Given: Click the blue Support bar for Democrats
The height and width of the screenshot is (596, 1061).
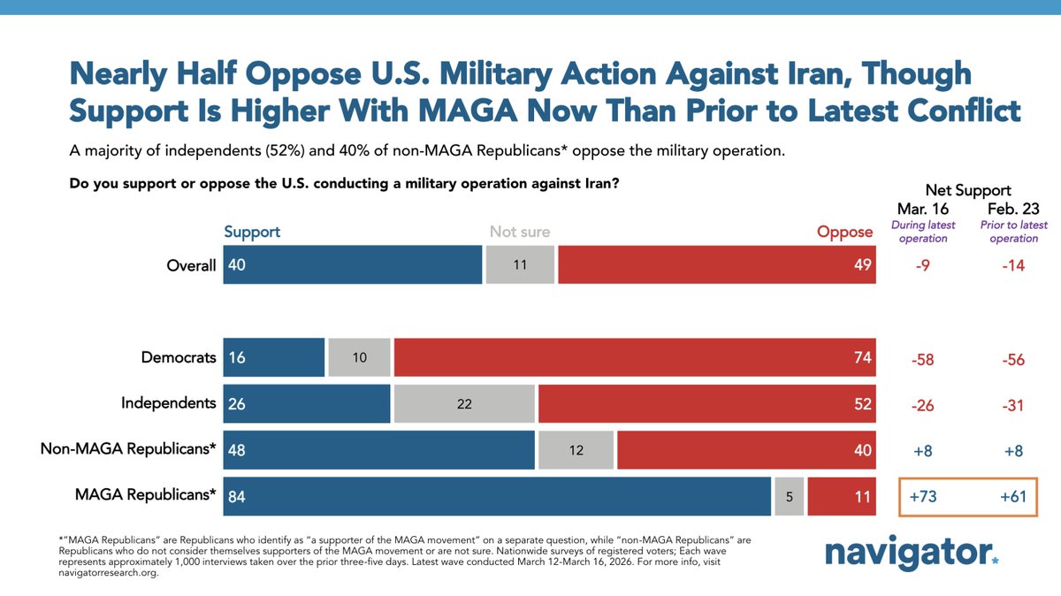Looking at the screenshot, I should pyautogui.click(x=274, y=357).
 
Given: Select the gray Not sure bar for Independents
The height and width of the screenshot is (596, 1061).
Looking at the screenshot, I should pyautogui.click(x=464, y=403).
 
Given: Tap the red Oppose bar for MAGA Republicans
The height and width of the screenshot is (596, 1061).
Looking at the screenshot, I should pyautogui.click(x=841, y=496).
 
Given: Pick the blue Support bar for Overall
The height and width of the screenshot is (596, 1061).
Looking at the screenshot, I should pyautogui.click(x=353, y=264).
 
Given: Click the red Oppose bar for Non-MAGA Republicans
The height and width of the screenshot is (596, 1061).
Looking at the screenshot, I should pyautogui.click(x=746, y=449).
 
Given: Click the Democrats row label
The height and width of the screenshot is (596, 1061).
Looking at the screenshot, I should pyautogui.click(x=179, y=358).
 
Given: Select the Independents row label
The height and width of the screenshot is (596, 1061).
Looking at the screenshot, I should pyautogui.click(x=169, y=403).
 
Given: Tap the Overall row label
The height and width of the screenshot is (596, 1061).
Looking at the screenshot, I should pyautogui.click(x=190, y=265).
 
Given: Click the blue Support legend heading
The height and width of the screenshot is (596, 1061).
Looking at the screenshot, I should pyautogui.click(x=252, y=232).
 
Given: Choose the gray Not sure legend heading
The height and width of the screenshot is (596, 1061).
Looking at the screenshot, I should pyautogui.click(x=520, y=233).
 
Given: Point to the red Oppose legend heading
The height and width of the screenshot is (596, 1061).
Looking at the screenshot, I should pyautogui.click(x=844, y=233).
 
